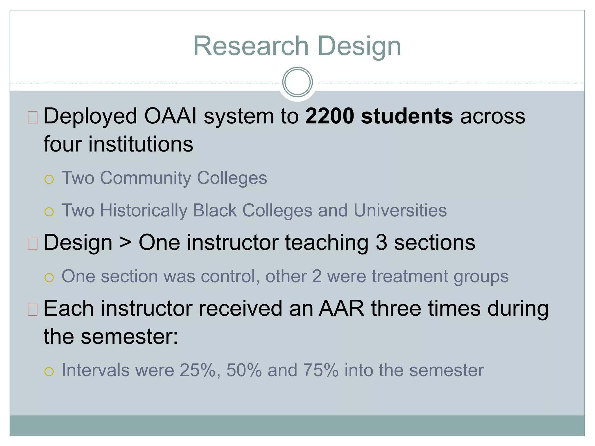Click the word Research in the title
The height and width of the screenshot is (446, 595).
tap(251, 46)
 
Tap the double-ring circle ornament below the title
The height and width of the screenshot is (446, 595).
tap(297, 82)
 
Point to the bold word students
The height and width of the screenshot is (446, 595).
tap(407, 116)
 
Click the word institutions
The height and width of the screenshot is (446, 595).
tap(141, 144)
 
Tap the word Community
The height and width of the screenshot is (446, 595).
tap(146, 178)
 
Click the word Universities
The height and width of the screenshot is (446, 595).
tap(400, 210)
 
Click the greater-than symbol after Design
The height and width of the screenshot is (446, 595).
tap(126, 243)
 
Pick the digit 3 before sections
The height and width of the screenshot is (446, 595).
tap(381, 242)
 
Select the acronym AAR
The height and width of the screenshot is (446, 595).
tap(341, 308)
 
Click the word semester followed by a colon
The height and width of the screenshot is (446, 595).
tap(129, 337)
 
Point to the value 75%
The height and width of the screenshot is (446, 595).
tap(321, 371)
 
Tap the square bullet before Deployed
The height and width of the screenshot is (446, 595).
tap(33, 117)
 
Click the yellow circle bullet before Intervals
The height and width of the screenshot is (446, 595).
tap(49, 372)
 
